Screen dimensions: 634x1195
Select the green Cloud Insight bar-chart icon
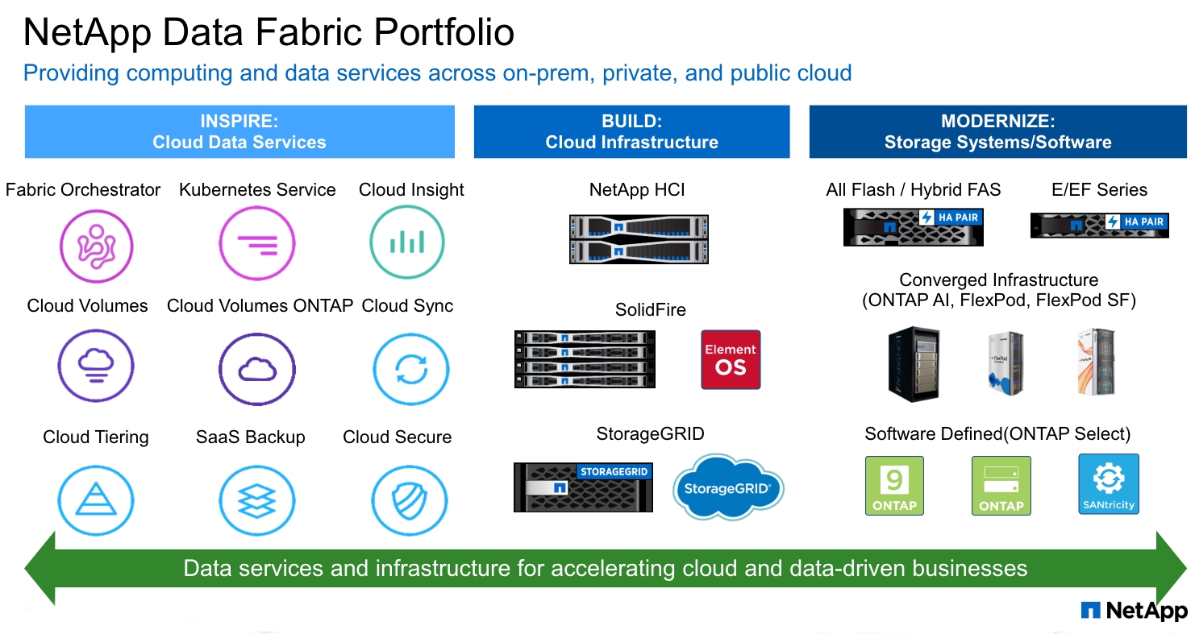[407, 243]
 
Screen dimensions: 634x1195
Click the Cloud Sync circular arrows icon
[411, 370]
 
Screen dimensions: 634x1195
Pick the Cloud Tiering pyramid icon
[96, 500]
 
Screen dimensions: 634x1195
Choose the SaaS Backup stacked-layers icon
[257, 500]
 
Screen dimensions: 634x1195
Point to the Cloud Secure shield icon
[408, 500]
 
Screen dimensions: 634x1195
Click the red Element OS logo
[731, 359]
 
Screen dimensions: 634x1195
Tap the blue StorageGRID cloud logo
[728, 487]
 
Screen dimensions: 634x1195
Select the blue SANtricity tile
[1108, 484]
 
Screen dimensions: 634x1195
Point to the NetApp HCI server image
[639, 239]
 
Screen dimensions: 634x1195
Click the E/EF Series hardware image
[1099, 225]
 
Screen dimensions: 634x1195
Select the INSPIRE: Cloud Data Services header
[239, 132]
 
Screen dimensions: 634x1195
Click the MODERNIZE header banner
[997, 132]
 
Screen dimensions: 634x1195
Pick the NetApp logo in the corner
[1134, 611]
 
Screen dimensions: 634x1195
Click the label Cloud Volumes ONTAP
[260, 306]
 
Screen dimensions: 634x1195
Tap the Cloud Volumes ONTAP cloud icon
[257, 370]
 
